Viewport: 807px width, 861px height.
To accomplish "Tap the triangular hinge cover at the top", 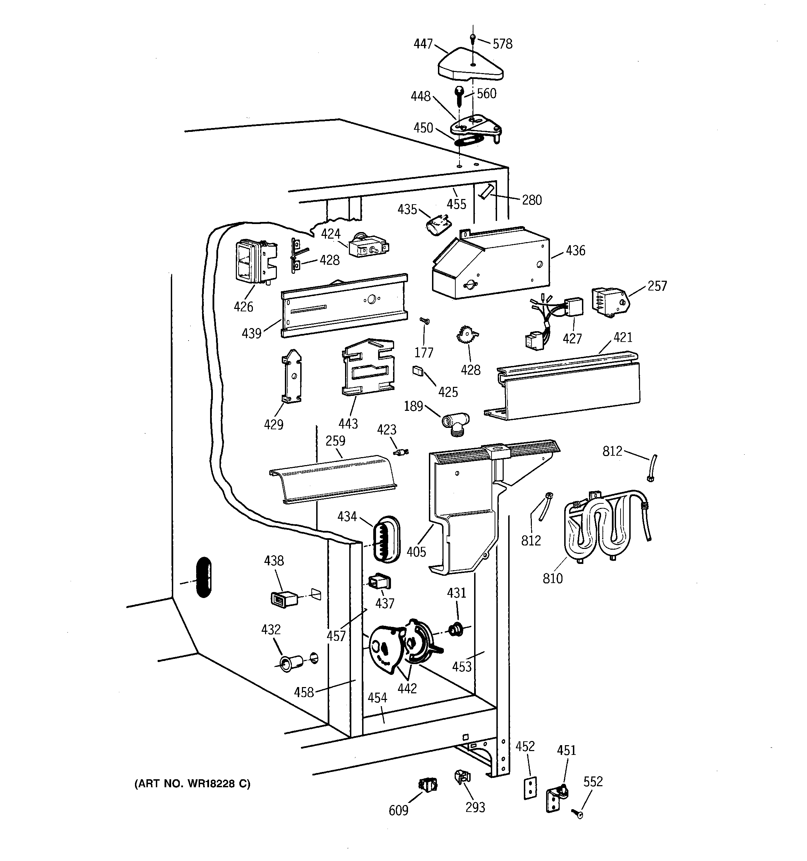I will pos(470,67).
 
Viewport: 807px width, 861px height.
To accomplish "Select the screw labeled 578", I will pos(473,39).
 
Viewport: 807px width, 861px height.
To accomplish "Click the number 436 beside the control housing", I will pos(575,251).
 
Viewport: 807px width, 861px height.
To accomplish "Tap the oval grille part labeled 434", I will pos(385,539).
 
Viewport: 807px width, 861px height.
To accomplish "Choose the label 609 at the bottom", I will pos(398,810).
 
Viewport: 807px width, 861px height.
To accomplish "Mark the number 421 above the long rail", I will pos(623,337).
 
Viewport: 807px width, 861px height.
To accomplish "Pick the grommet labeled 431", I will pos(456,629).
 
